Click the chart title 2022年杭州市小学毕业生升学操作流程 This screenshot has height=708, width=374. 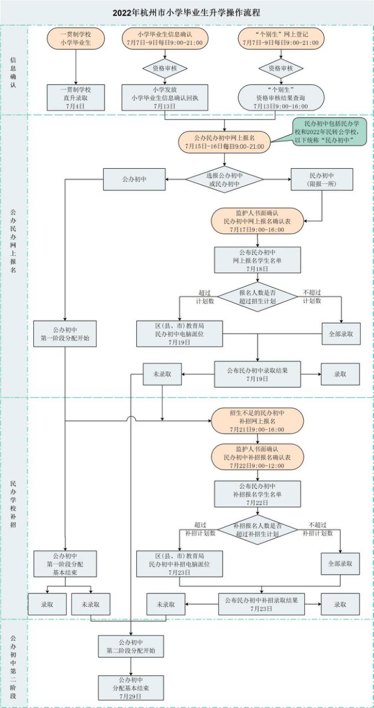click(x=187, y=12)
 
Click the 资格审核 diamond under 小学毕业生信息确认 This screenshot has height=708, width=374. click(x=165, y=69)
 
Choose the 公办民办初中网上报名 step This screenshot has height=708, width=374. click(x=224, y=142)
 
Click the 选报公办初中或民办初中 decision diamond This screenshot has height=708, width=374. click(x=224, y=179)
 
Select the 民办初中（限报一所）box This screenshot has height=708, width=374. click(x=322, y=179)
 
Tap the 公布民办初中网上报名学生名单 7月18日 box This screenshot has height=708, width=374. click(x=257, y=260)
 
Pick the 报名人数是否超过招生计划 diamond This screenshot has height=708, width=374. click(x=257, y=298)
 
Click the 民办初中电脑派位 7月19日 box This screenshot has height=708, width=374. click(x=180, y=334)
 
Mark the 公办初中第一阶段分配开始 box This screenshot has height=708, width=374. click(x=65, y=334)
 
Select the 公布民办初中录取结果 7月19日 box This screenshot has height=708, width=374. click(x=257, y=374)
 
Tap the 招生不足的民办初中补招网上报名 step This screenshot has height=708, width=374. click(x=257, y=421)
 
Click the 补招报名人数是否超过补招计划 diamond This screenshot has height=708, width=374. click(x=257, y=529)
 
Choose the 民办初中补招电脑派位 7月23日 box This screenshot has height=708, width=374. click(x=180, y=564)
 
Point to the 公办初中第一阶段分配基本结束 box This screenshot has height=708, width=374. click(x=65, y=564)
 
